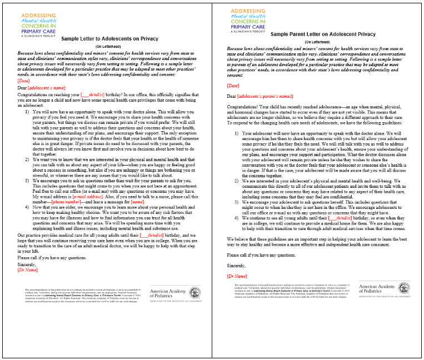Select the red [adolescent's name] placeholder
(x=48, y=88)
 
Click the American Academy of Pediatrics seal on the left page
(x=195, y=293)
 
